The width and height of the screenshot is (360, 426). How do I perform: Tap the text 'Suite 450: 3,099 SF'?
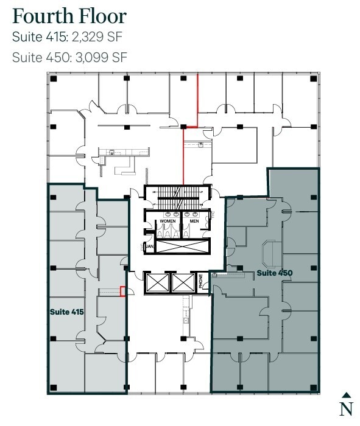click(69, 57)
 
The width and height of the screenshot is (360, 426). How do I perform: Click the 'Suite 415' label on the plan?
click(66, 312)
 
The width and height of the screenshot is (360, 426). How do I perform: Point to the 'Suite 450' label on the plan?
click(274, 273)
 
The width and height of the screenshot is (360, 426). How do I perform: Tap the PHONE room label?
click(202, 284)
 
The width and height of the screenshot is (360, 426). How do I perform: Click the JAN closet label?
click(148, 247)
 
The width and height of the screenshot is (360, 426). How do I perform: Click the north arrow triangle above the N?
click(346, 395)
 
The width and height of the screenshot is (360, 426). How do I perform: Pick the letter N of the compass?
click(346, 408)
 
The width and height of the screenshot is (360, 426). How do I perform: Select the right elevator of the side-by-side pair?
click(184, 283)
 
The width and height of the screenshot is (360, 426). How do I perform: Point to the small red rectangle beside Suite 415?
click(123, 292)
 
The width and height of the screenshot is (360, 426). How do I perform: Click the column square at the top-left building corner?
click(54, 79)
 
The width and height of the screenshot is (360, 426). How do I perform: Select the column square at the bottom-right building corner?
click(314, 387)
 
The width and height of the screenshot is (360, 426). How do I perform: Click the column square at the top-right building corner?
click(314, 79)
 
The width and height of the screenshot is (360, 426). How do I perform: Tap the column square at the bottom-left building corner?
click(54, 387)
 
